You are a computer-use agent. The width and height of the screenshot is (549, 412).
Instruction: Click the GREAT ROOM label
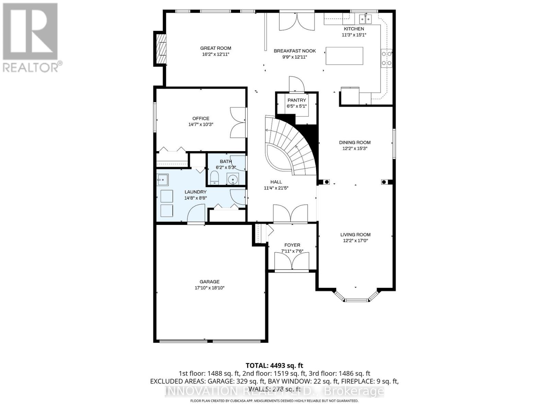point(215,48)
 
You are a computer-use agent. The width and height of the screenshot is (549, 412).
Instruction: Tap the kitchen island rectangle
point(344,56)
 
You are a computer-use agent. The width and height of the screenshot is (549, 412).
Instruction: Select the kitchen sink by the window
point(365,18)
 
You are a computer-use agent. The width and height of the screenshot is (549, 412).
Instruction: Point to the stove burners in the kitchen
point(386,58)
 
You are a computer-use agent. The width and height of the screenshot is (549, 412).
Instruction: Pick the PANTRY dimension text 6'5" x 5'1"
point(296,106)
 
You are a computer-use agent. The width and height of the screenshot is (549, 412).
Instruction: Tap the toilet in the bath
point(214,178)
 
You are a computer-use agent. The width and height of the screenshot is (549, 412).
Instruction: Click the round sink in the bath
point(234,179)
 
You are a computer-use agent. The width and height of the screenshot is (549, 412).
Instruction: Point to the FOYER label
point(292,245)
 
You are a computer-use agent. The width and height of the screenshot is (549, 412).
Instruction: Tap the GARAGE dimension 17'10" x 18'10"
point(209,288)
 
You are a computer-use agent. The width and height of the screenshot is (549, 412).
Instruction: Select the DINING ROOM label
point(355,142)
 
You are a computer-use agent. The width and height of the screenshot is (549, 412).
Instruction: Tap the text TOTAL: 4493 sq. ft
point(274,366)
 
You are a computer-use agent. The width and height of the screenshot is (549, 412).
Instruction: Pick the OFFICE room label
point(201,118)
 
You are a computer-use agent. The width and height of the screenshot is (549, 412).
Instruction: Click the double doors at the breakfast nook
point(297,21)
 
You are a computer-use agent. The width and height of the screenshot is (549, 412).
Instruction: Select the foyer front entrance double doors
point(292,262)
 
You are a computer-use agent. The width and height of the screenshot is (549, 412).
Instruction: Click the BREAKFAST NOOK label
point(294,51)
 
